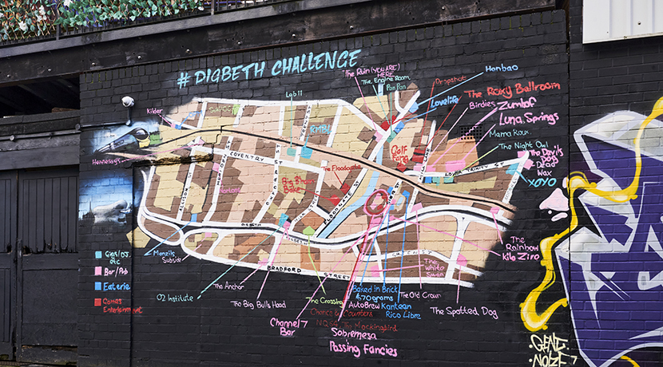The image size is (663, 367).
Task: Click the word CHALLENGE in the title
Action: tap(316, 63)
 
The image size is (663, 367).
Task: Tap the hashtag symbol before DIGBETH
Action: tap(184, 79)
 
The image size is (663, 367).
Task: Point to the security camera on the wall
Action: tap(128, 101)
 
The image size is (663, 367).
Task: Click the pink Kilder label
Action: tap(155, 111)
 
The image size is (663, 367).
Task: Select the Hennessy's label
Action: tap(110, 160)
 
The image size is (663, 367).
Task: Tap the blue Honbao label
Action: tap(502, 69)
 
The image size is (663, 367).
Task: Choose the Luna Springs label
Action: tap(528, 118)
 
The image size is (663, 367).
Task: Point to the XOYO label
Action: tap(542, 182)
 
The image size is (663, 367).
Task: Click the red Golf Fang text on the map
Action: tap(399, 152)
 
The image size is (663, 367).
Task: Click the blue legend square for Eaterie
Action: tap(98, 286)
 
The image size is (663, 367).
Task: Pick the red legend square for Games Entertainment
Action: tap(98, 302)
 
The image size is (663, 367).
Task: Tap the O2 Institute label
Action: tap(175, 298)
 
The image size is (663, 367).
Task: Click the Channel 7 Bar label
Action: tap(284, 327)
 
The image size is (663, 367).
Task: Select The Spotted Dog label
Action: tap(464, 311)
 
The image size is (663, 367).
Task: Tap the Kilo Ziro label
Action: tap(521, 256)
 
